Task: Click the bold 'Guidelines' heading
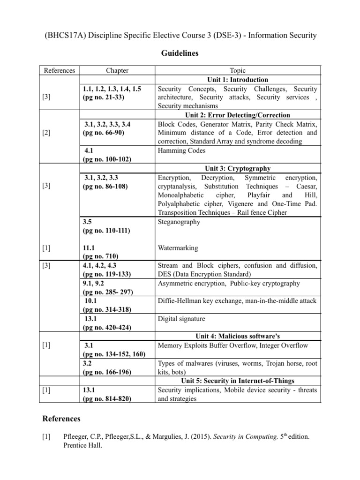click(x=180, y=53)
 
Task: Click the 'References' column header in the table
click(x=59, y=71)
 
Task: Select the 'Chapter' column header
click(x=117, y=71)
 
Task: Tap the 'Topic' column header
click(x=238, y=71)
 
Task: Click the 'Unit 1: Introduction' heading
click(x=238, y=80)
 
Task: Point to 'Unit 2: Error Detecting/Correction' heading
click(x=238, y=115)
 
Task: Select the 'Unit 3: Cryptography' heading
click(x=238, y=168)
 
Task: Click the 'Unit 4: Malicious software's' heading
click(x=238, y=336)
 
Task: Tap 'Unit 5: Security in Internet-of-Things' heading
click(x=238, y=380)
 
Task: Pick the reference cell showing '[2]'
click(x=46, y=133)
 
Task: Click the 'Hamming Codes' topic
click(x=181, y=150)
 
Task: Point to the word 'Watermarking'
click(x=178, y=247)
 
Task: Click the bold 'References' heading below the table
click(x=61, y=418)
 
